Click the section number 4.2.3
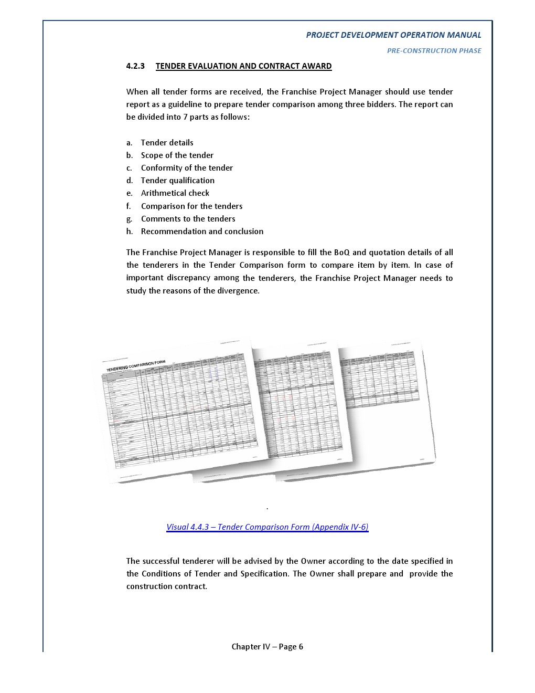click(135, 66)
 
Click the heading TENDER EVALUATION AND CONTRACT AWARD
click(243, 66)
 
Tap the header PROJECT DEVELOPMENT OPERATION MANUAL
click(393, 35)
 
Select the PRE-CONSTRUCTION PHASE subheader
click(434, 51)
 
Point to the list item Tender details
click(167, 143)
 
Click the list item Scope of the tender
click(177, 155)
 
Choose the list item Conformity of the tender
click(187, 168)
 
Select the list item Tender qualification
click(177, 181)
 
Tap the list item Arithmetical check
click(175, 193)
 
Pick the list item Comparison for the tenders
click(191, 206)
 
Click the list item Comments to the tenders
click(188, 219)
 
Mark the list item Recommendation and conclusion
click(202, 232)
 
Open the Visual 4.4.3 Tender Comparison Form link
click(267, 527)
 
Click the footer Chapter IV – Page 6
click(267, 647)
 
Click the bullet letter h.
click(130, 232)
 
